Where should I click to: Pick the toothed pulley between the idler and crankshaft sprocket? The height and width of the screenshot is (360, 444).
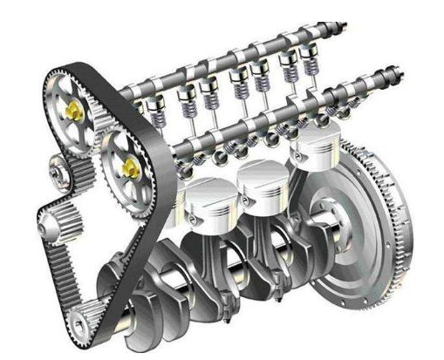pyautogui.click(x=60, y=225)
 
